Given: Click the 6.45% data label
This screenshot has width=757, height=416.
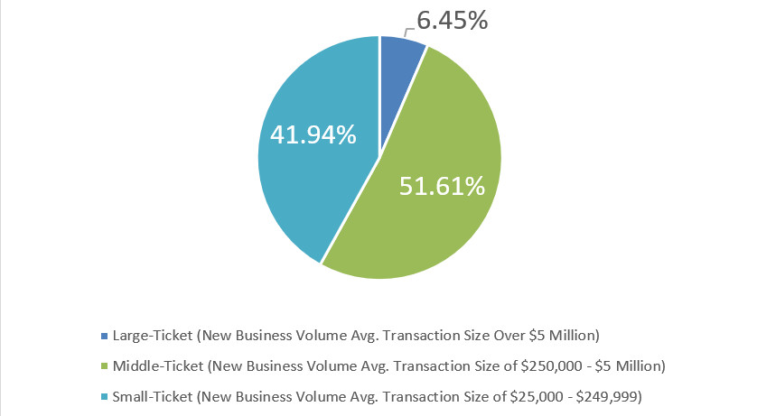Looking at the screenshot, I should [x=453, y=19].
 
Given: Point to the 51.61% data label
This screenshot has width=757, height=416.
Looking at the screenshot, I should [x=442, y=187].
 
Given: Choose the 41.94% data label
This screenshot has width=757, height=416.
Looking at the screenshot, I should [x=313, y=135].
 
